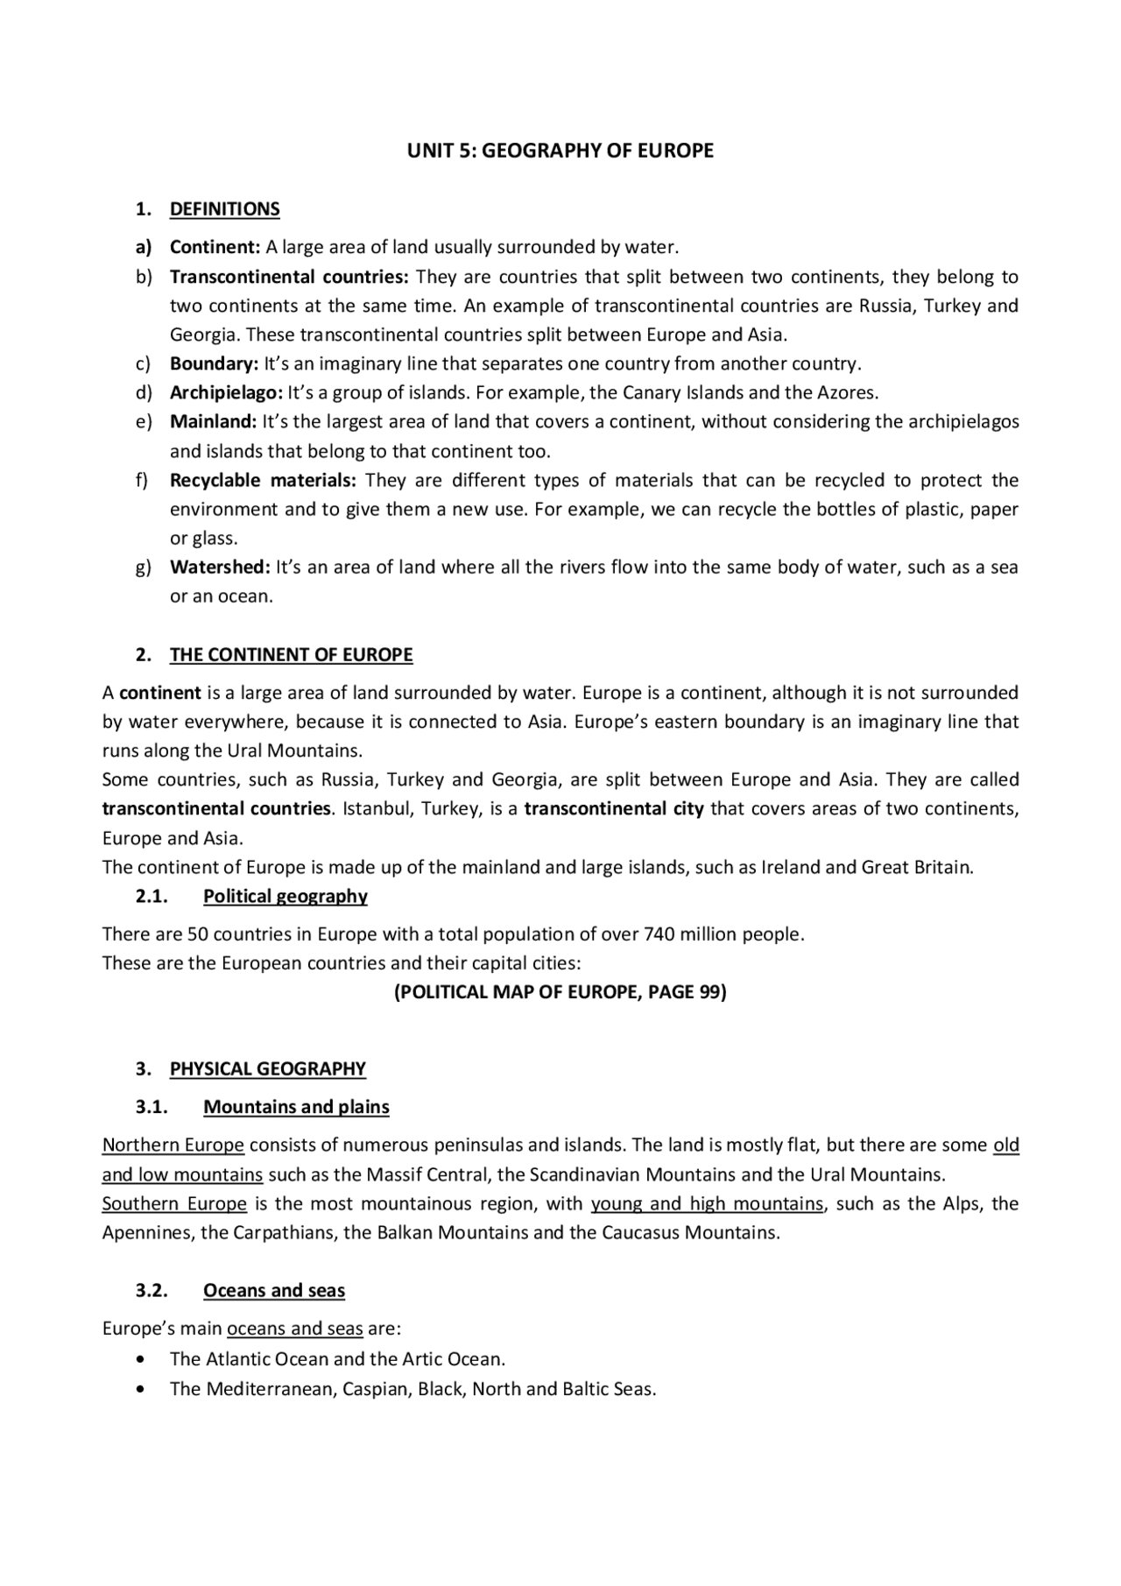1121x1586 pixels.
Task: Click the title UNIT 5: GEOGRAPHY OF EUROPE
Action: tap(560, 151)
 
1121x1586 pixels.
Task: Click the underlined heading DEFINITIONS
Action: tap(224, 209)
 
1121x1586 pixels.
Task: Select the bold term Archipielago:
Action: tap(226, 393)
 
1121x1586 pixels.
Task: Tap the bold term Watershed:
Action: tap(220, 567)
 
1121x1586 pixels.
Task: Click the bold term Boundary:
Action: tap(214, 363)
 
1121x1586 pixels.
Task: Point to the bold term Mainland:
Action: tap(213, 422)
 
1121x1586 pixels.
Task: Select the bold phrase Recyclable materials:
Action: tap(263, 481)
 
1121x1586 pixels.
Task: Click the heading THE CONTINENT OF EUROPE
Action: tap(291, 655)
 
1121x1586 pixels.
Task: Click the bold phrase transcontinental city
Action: tap(614, 809)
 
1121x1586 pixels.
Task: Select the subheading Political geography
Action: tap(285, 897)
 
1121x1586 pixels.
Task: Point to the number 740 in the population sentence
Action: tap(658, 934)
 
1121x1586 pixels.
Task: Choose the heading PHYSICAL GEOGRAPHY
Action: tap(267, 1069)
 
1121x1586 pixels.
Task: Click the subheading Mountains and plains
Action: tap(296, 1107)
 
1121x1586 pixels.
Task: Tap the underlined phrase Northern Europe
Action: tap(173, 1145)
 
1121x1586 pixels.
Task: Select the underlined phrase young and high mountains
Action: tap(707, 1204)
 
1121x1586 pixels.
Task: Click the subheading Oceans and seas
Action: tap(274, 1291)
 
